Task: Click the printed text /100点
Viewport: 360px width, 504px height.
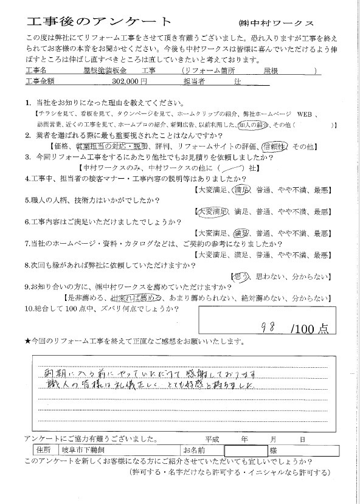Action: [x=310, y=328]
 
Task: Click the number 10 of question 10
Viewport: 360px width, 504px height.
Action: [x=28, y=308]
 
